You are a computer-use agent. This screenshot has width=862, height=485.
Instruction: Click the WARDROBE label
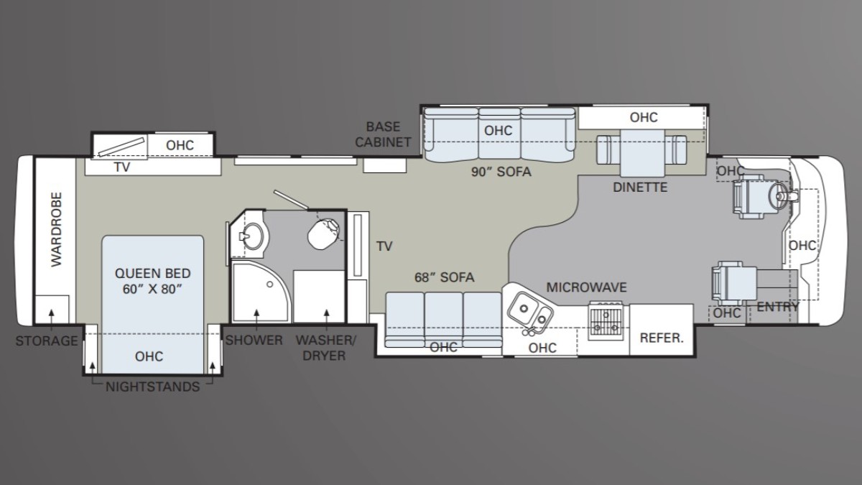(x=57, y=229)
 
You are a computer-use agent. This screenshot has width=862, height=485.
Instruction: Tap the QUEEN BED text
(x=153, y=273)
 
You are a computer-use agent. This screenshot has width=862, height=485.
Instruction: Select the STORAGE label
(x=47, y=341)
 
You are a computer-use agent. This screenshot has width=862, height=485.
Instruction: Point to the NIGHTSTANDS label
(x=153, y=387)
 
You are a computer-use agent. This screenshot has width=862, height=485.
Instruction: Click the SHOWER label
(x=254, y=341)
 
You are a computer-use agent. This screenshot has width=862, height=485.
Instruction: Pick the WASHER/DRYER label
(x=325, y=348)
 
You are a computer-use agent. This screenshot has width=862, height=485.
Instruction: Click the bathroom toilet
(x=324, y=234)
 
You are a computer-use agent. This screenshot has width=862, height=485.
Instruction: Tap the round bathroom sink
(x=253, y=236)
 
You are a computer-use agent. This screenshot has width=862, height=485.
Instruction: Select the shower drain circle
(x=270, y=284)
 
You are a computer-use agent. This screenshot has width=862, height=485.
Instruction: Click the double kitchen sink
(x=530, y=312)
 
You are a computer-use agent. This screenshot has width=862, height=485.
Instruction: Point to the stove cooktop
(x=606, y=320)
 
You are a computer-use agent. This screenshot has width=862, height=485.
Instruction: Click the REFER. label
(x=662, y=338)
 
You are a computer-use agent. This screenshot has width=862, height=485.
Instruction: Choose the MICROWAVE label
(x=586, y=287)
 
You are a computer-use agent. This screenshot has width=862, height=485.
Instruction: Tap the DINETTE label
(x=640, y=188)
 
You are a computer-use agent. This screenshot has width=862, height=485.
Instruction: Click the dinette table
(x=642, y=153)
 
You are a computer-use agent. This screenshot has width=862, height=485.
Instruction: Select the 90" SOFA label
(x=501, y=172)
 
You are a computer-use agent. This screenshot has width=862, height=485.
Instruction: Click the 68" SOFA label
(x=444, y=277)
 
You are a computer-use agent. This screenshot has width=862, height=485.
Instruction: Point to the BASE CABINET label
(x=383, y=134)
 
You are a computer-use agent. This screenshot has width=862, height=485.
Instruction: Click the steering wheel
(x=779, y=197)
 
